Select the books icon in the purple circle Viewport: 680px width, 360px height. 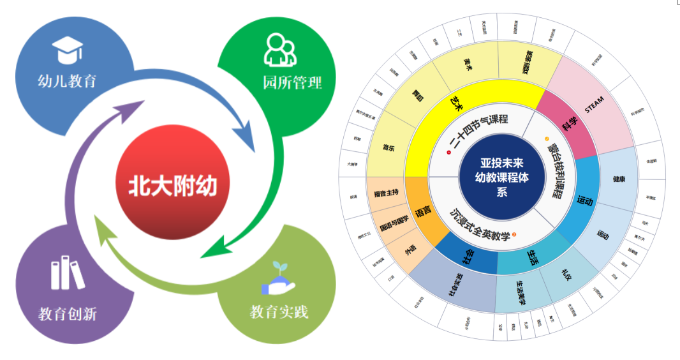tap(67, 273)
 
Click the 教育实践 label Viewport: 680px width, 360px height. tap(279, 312)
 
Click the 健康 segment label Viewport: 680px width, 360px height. tap(618, 179)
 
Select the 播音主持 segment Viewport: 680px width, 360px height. tap(388, 192)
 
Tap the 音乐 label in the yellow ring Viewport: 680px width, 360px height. tap(388, 149)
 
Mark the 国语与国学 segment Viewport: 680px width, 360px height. tap(394, 225)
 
